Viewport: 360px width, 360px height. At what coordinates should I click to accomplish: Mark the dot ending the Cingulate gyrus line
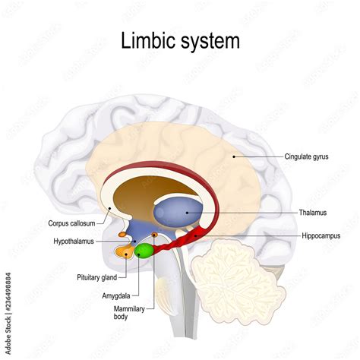click(x=235, y=156)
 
